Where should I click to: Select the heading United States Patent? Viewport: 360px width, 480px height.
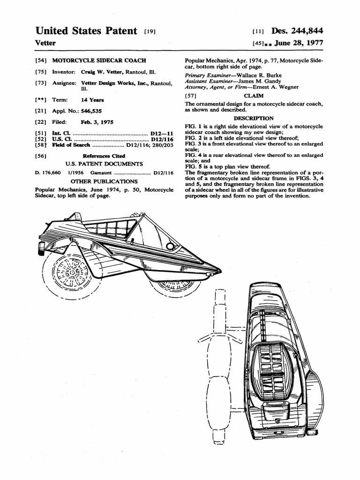(86, 31)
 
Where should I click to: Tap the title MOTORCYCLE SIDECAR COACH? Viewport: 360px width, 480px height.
(99, 60)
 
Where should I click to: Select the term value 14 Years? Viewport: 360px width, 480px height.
(92, 100)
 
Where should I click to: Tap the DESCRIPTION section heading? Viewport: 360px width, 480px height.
(254, 118)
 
